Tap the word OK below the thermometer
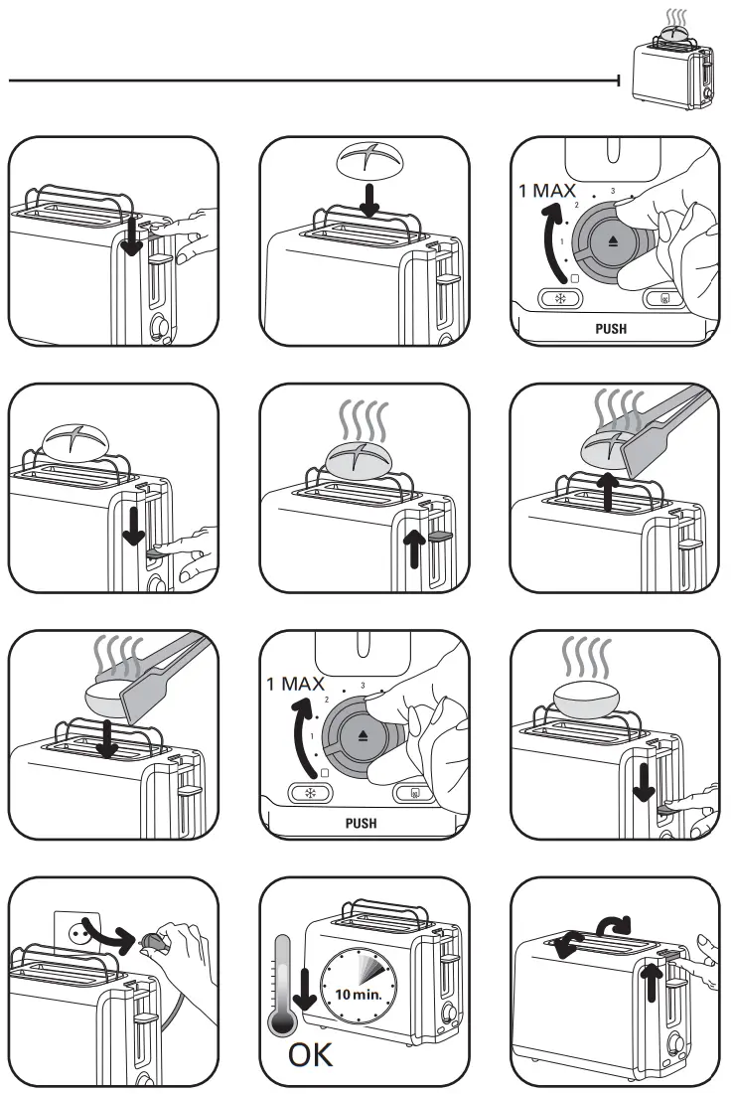pyautogui.click(x=310, y=1055)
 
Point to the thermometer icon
pyautogui.click(x=285, y=985)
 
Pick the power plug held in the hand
pyautogui.click(x=155, y=941)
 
